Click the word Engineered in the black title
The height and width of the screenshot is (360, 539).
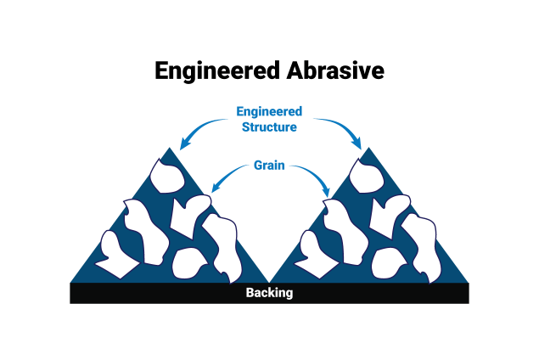[x=217, y=71]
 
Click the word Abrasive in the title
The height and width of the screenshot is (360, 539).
[x=335, y=70]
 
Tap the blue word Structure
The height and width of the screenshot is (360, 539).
[x=269, y=127]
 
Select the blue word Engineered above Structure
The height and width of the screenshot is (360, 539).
[x=269, y=112]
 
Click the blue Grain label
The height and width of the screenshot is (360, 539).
[x=269, y=166]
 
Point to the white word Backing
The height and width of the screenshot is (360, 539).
[x=270, y=293]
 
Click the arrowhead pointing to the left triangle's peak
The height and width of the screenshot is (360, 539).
[x=184, y=144]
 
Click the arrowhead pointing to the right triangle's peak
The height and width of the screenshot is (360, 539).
[x=357, y=143]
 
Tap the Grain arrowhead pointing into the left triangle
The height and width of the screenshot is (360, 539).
[x=216, y=188]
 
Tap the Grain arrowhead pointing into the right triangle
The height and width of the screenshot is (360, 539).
[x=326, y=192]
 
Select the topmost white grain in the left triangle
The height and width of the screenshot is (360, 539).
[x=167, y=177]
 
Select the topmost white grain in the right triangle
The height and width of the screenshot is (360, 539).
[x=367, y=177]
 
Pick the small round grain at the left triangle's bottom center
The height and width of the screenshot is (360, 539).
[x=188, y=263]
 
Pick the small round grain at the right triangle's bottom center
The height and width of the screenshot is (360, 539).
[x=388, y=263]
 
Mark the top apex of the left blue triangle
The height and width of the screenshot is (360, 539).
[x=170, y=148]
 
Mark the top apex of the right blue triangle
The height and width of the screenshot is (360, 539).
[x=369, y=148]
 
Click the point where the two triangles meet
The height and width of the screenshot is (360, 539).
[x=269, y=283]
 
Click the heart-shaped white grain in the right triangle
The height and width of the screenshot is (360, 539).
[x=389, y=216]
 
